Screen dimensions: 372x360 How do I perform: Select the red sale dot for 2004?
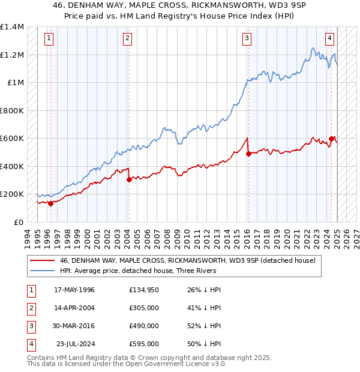click(129, 179)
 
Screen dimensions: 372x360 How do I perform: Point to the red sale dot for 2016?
click(248, 154)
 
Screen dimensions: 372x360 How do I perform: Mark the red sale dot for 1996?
click(50, 203)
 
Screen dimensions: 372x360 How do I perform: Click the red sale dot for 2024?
click(331, 139)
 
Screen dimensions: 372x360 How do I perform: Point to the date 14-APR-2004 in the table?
click(74, 308)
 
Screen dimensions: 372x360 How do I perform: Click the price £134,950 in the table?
click(144, 290)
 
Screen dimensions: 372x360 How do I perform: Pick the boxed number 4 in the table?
click(30, 344)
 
